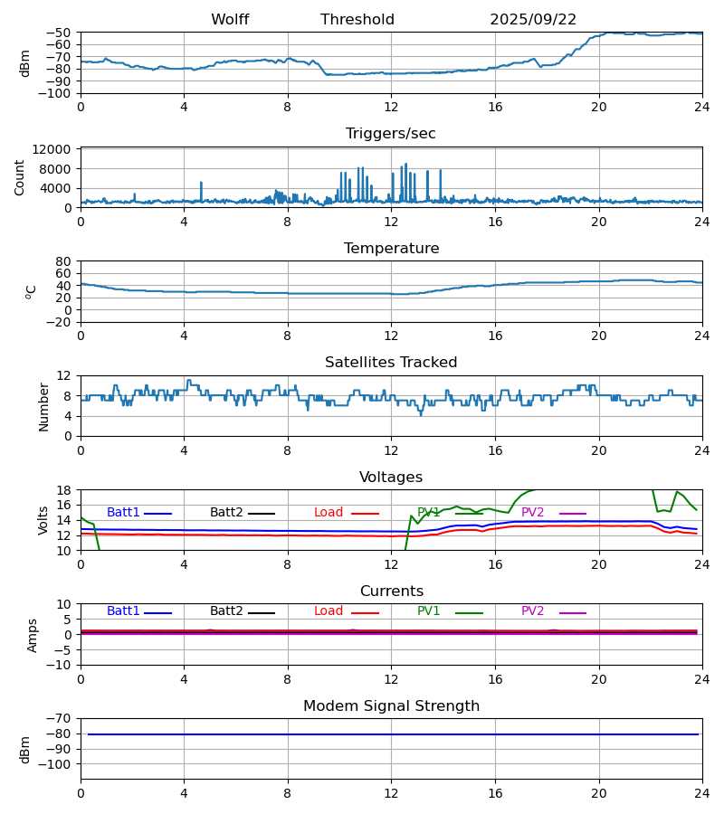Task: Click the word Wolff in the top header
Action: (230, 20)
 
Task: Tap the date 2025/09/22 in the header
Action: (533, 20)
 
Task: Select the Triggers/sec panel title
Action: (391, 134)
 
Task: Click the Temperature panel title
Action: (391, 249)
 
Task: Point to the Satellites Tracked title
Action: (391, 363)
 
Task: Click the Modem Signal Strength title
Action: (391, 706)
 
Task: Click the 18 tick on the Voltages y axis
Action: (64, 490)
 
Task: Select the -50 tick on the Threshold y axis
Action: (60, 33)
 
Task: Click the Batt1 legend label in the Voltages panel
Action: (123, 513)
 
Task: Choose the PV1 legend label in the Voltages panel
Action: (428, 513)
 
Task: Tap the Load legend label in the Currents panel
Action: (329, 611)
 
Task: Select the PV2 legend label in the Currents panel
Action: (532, 611)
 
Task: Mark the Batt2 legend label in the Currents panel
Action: (226, 611)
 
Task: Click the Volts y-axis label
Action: (43, 520)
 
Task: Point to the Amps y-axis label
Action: (33, 635)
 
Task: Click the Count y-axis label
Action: (20, 177)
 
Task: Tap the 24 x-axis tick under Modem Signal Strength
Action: (702, 792)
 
